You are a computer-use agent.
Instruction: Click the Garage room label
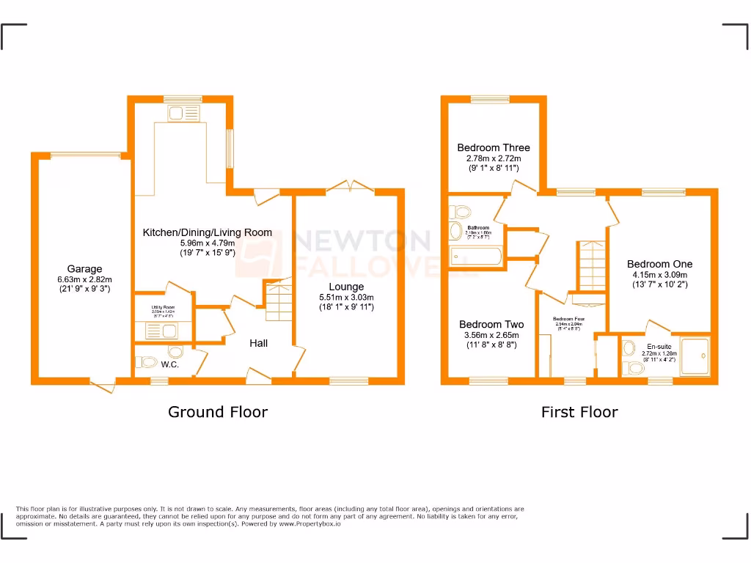85,269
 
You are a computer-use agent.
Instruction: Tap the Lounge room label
346,287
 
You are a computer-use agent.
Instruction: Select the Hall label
257,343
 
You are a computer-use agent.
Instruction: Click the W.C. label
170,364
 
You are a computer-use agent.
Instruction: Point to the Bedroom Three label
493,147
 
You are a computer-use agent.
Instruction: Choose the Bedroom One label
659,264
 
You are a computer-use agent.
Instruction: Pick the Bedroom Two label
491,324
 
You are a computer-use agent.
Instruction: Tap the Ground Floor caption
218,412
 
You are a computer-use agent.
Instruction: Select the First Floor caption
579,412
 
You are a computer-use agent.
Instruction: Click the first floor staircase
591,266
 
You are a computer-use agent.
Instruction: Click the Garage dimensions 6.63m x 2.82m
85,279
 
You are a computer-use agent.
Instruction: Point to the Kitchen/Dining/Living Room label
207,232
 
